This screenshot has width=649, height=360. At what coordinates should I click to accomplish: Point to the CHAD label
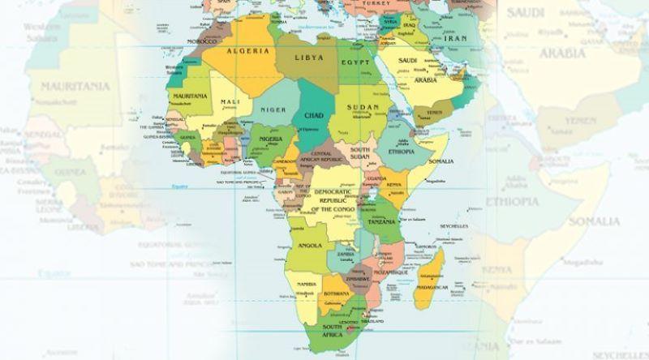[x=313, y=116]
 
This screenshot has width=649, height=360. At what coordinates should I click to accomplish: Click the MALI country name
[x=229, y=101]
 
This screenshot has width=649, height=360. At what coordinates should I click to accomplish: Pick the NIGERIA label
[x=272, y=139]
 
